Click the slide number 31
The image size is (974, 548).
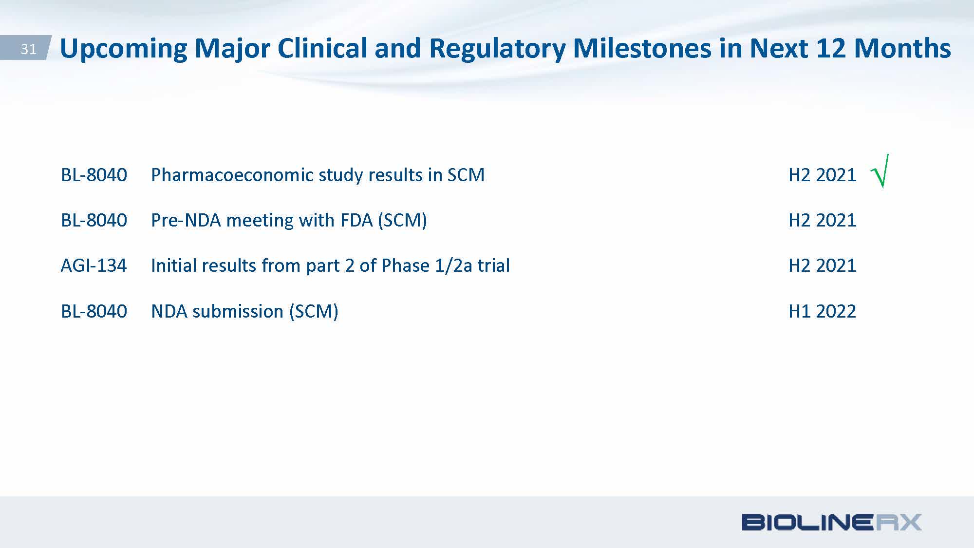28,49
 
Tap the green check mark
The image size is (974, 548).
880,171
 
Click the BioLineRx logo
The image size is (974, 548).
832,522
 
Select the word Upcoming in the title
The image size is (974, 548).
123,49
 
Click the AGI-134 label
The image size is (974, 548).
94,265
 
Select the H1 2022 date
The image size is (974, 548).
822,311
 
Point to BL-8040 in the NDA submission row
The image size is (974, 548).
94,311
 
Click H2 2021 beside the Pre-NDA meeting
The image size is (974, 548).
822,220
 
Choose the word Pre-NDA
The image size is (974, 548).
186,220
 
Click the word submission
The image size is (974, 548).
238,311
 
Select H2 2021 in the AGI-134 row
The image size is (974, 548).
822,265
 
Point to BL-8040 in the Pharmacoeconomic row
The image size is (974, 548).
94,174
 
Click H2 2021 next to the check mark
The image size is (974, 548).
822,174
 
